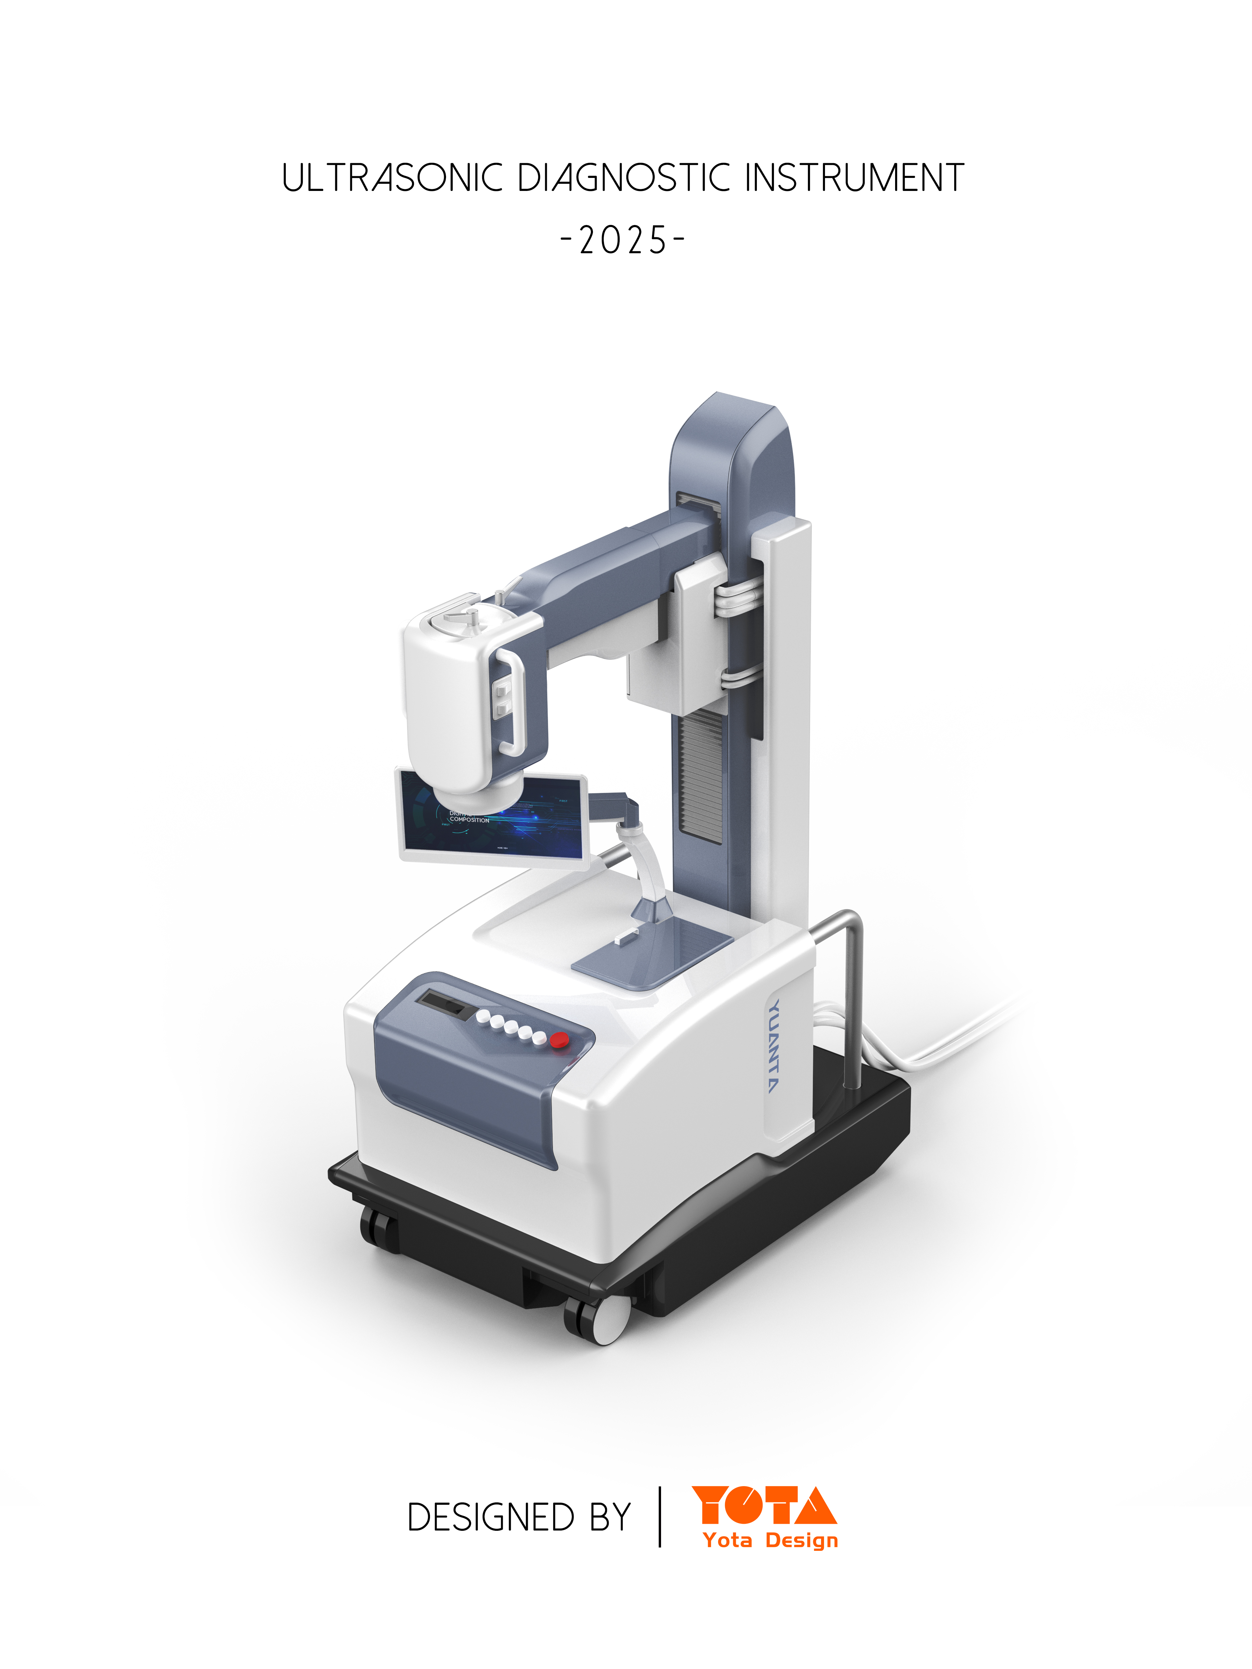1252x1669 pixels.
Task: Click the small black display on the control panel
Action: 444,1003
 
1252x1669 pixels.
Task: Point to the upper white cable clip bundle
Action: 736,600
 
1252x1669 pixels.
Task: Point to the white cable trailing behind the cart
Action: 959,1034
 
